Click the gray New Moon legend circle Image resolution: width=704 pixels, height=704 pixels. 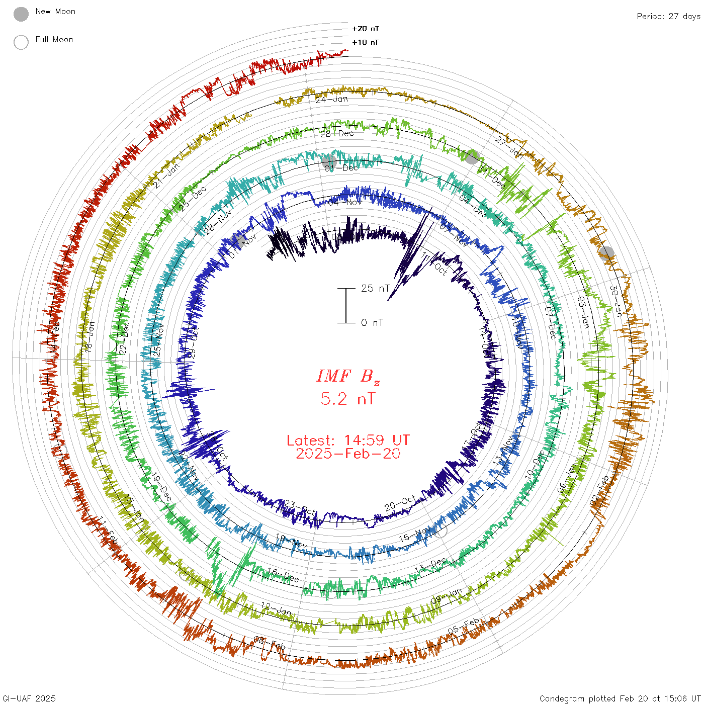pyautogui.click(x=21, y=15)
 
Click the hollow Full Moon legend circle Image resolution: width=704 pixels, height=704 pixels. pyautogui.click(x=21, y=42)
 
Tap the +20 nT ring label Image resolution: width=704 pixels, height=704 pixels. pyautogui.click(x=366, y=29)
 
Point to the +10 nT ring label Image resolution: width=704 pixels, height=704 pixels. pyautogui.click(x=366, y=42)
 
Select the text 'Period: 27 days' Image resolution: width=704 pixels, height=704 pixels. pyautogui.click(x=668, y=16)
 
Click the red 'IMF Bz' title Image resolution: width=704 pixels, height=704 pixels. pyautogui.click(x=348, y=376)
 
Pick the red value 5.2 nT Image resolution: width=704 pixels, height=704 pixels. pyautogui.click(x=348, y=399)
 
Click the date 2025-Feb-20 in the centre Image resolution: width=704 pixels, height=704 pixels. pyautogui.click(x=348, y=454)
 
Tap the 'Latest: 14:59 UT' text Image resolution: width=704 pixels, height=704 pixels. pyautogui.click(x=348, y=441)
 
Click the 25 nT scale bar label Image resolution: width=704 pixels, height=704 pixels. pyautogui.click(x=375, y=288)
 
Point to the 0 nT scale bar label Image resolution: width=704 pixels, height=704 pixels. pyautogui.click(x=372, y=323)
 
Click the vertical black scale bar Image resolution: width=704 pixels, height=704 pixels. pyautogui.click(x=346, y=305)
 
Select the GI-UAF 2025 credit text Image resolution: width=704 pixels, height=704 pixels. pyautogui.click(x=29, y=698)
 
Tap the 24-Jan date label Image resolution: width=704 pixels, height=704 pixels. pyautogui.click(x=332, y=99)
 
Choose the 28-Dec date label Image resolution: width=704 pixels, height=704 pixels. pyautogui.click(x=337, y=133)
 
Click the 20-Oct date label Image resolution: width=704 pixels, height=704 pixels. pyautogui.click(x=400, y=502)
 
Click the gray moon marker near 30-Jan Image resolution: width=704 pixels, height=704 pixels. pyautogui.click(x=606, y=253)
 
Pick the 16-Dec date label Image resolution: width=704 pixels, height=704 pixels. pyautogui.click(x=283, y=575)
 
